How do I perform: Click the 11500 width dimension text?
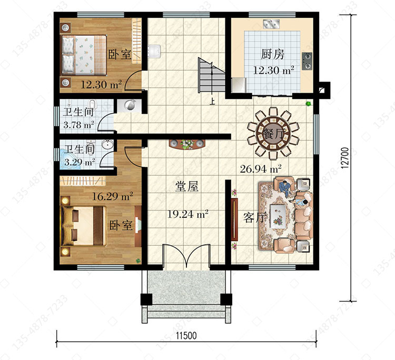point(186,336)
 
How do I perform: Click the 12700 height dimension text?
point(345,157)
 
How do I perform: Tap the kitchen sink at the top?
point(271,24)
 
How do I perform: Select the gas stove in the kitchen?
point(307,61)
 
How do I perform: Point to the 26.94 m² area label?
point(261,168)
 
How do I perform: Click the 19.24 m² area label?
point(187,214)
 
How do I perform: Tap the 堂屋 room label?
point(186,186)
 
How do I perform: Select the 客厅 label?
point(255,217)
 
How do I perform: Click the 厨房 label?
point(272,54)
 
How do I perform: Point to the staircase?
point(211,75)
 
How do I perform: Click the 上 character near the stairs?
point(212,101)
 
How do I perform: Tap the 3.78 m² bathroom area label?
point(78,125)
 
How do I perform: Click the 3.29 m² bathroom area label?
point(80,162)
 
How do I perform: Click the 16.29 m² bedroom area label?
point(112,196)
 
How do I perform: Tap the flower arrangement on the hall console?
point(186,144)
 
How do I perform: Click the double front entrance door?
point(186,255)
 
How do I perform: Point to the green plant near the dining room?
point(308,104)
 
